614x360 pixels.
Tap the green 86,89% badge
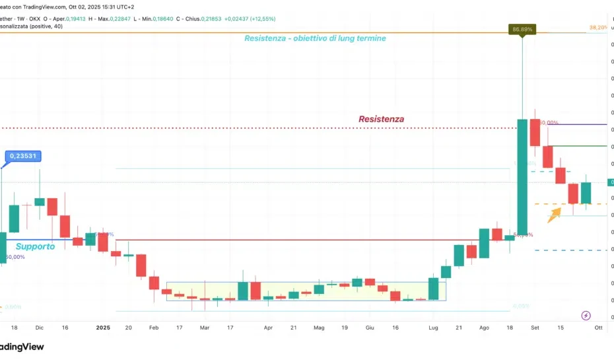(x=522, y=29)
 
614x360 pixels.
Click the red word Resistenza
(x=381, y=119)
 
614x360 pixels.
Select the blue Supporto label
(x=35, y=246)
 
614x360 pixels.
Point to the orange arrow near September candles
(x=554, y=212)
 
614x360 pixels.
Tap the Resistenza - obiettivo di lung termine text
(x=315, y=38)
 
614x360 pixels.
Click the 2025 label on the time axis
(x=102, y=327)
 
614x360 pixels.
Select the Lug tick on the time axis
(x=433, y=327)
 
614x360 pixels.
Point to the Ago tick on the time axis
(x=485, y=327)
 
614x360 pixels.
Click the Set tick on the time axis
(x=535, y=327)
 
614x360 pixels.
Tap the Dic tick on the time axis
(x=39, y=327)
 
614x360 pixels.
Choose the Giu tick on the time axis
(x=370, y=327)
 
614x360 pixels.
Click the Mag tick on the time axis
(x=320, y=327)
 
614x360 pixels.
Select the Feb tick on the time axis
(x=153, y=327)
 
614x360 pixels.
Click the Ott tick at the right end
(x=598, y=327)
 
